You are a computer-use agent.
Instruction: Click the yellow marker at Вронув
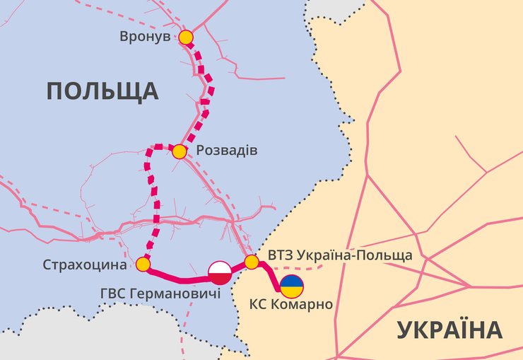tap(186, 37)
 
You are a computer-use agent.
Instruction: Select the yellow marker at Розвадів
tap(179, 151)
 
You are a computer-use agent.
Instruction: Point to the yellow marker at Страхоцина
tap(143, 265)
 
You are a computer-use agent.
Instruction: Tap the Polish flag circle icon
tap(220, 272)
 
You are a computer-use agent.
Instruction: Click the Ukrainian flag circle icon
tap(292, 286)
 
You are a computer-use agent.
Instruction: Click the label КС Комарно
tap(290, 306)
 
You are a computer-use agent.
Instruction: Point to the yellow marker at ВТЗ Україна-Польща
tap(252, 263)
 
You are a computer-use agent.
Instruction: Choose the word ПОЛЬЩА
tap(102, 91)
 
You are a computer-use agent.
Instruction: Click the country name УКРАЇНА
tap(449, 330)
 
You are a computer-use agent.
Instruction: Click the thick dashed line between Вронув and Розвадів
tap(207, 92)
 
